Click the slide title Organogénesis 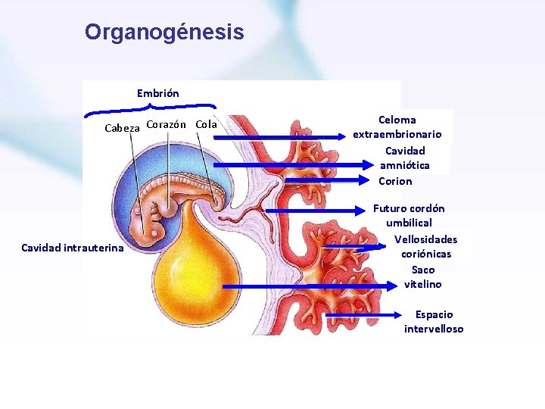tap(164, 32)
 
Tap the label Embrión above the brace tap(158, 93)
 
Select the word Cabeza tap(122, 128)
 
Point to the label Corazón tap(167, 124)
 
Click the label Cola tap(206, 124)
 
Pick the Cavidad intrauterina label tap(73, 248)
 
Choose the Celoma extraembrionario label tap(397, 126)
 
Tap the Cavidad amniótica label tap(405, 158)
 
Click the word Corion tap(395, 181)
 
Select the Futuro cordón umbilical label tap(409, 215)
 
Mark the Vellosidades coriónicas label tap(426, 247)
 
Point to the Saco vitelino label tap(423, 276)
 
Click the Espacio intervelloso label tap(434, 321)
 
